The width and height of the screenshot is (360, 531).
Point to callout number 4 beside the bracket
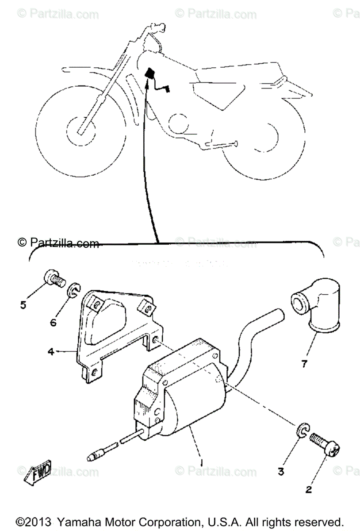(63, 353)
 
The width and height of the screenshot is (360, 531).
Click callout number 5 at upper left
(23, 305)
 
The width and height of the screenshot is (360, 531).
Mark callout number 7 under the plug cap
(316, 364)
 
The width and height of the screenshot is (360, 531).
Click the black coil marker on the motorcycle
(150, 73)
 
